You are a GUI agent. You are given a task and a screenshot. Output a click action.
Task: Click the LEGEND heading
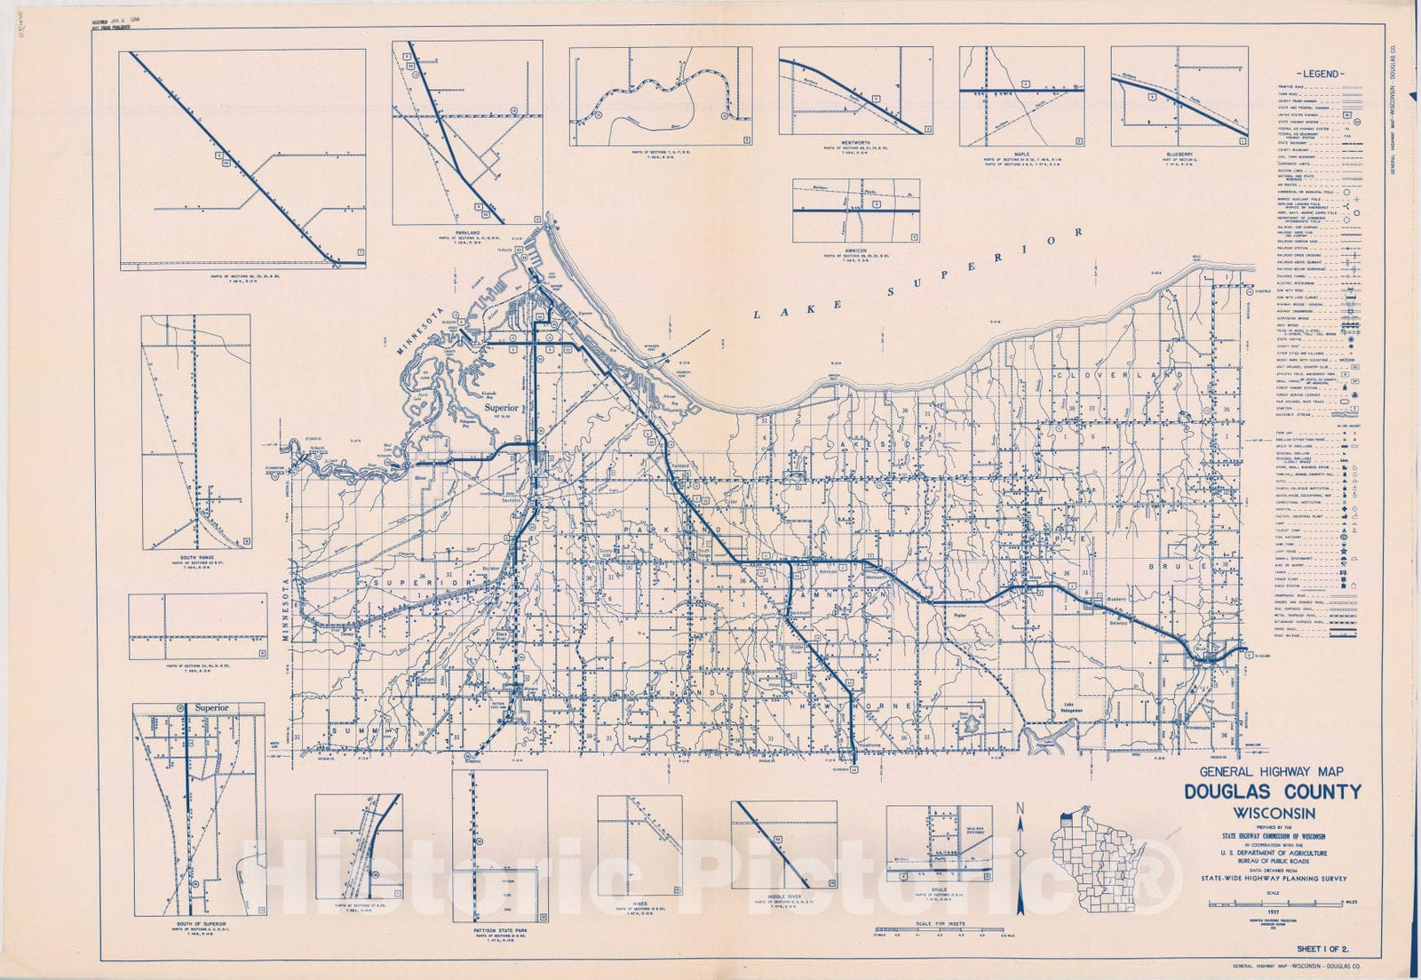tap(1320, 74)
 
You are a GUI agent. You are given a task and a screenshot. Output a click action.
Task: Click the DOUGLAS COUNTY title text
tap(1272, 793)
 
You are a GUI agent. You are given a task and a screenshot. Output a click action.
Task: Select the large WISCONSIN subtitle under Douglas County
tap(1273, 812)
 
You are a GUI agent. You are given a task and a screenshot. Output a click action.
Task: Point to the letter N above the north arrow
tap(1020, 808)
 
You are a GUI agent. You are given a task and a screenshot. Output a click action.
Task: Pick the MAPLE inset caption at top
tap(1020, 155)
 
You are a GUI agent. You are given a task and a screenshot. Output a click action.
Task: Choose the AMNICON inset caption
tap(855, 250)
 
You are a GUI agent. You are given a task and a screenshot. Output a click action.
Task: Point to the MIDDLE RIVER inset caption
tap(783, 897)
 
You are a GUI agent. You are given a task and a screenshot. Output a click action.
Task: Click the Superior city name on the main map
tap(501, 408)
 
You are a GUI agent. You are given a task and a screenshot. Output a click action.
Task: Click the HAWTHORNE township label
tap(846, 705)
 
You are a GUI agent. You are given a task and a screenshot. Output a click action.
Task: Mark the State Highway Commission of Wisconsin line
tap(1273, 836)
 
